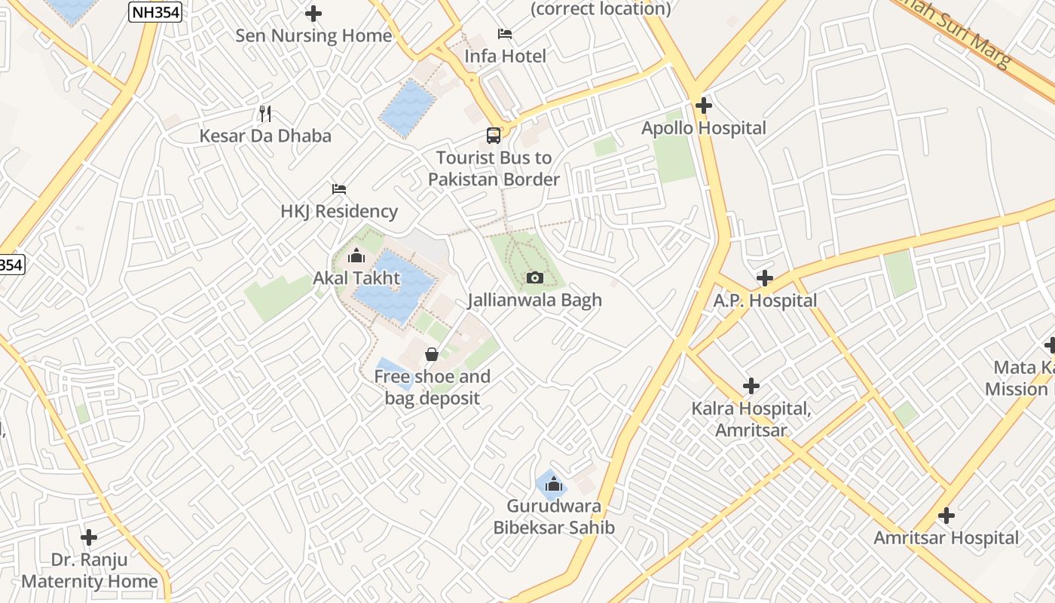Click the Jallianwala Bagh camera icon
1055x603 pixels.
point(534,278)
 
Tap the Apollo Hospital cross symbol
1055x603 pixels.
point(704,106)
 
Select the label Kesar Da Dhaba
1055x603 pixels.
point(265,136)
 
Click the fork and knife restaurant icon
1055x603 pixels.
point(265,114)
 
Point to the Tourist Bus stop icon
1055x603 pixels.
point(494,136)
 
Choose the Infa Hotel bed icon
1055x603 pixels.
point(505,34)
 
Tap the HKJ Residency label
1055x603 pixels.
point(339,212)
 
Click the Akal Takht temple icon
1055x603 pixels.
point(356,257)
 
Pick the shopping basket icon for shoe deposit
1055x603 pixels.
point(432,354)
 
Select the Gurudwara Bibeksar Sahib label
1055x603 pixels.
point(554,517)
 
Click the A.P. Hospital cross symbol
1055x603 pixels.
point(765,279)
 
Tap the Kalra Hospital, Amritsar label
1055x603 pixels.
point(751,420)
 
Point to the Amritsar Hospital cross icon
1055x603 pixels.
point(946,516)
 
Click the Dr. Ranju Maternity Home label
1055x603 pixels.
point(90,571)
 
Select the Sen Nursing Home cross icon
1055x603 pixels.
point(313,14)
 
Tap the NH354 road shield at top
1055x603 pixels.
point(155,11)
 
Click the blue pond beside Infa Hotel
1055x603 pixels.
point(408,108)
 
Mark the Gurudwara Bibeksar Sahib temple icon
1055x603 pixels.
point(554,484)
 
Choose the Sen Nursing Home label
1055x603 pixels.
point(313,36)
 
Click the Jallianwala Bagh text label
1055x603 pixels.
point(534,301)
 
